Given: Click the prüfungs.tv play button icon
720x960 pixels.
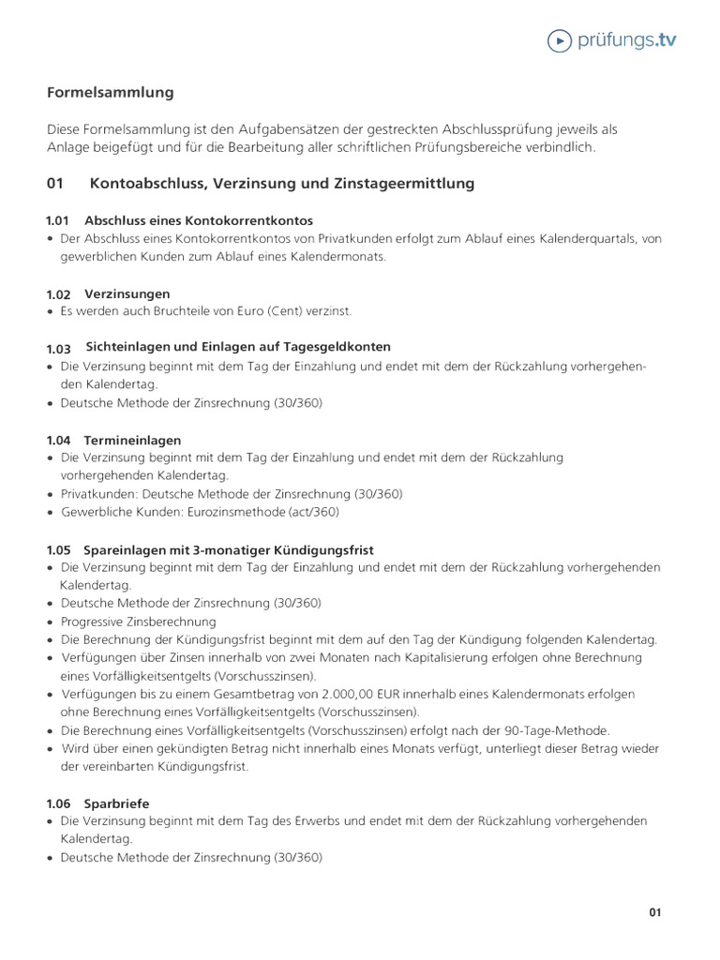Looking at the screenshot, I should pos(560,40).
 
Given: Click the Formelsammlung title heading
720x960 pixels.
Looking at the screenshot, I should pos(111,92).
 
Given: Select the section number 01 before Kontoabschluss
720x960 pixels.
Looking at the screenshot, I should pos(54,184).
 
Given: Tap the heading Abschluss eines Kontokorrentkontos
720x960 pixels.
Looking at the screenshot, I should pos(199,220).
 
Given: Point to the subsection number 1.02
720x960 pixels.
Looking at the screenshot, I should pos(58,294).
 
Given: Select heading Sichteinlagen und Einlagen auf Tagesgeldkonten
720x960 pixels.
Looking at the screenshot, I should pos(238,347).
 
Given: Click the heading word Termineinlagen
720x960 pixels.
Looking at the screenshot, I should pos(133,440).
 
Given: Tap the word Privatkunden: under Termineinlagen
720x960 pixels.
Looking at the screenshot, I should pos(100,494).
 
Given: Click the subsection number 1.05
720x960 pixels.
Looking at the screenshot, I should pos(58,550).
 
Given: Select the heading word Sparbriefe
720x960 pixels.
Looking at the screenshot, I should pos(116,803).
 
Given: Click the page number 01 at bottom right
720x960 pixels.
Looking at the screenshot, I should pos(655,912).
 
